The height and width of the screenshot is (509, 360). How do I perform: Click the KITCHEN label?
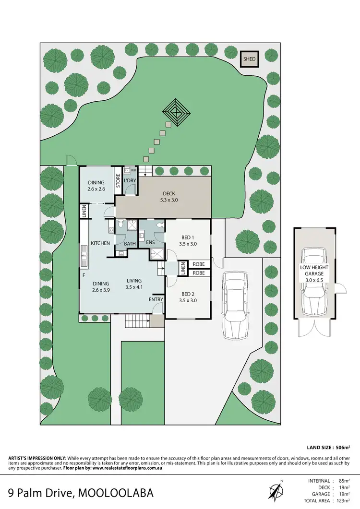click(100, 243)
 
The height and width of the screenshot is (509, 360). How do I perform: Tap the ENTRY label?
click(156, 299)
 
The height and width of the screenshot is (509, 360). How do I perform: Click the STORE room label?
click(118, 182)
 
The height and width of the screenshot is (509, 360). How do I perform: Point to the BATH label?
click(130, 244)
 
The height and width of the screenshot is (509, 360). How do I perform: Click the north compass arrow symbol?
click(275, 490)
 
